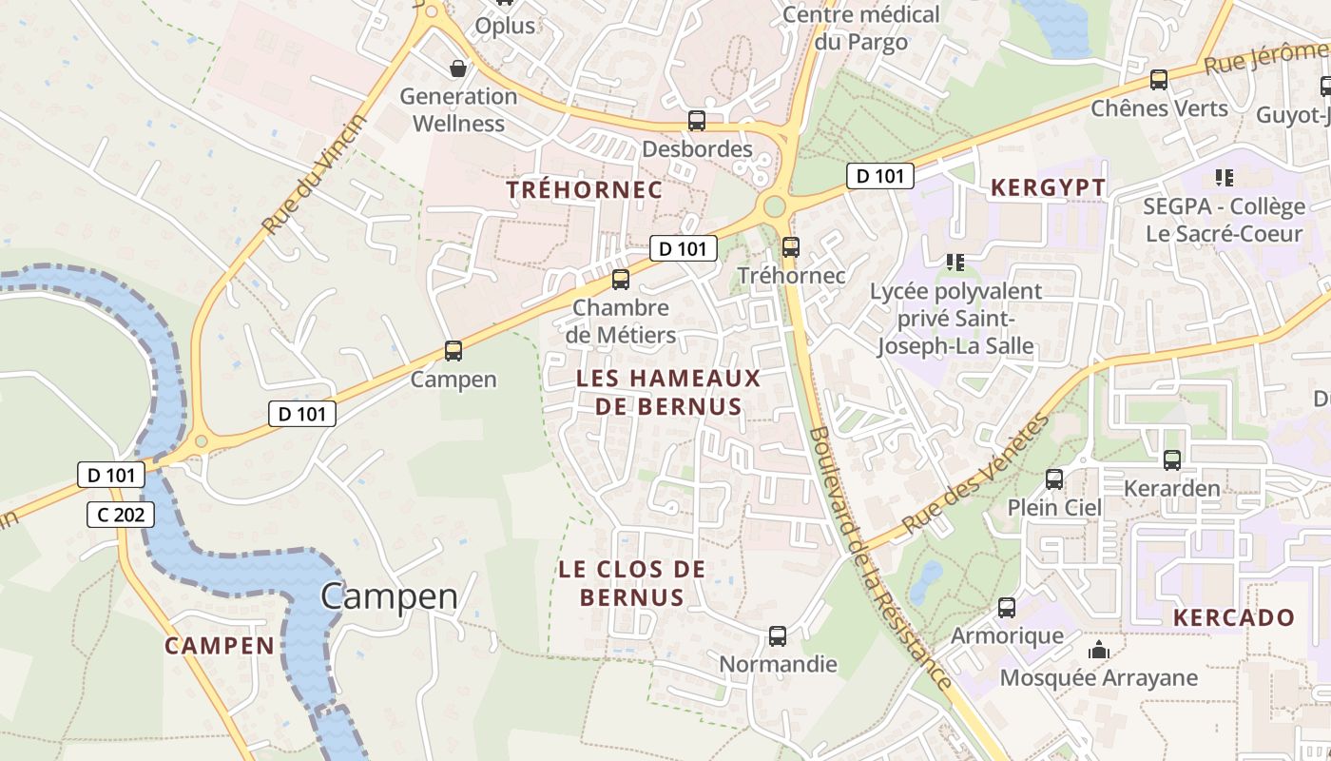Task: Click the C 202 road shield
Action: click(121, 515)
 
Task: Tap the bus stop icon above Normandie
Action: click(778, 636)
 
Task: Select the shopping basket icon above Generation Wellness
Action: click(458, 68)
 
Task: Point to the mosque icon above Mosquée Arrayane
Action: click(1099, 651)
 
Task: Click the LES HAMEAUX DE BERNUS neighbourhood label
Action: click(667, 392)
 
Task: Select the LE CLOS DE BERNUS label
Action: click(631, 583)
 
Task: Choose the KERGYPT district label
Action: click(1048, 187)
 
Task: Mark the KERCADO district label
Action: click(1233, 617)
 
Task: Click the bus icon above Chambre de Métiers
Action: click(621, 280)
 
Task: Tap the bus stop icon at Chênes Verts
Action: click(1158, 80)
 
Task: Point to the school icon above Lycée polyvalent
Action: click(955, 262)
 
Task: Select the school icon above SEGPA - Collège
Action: click(1224, 178)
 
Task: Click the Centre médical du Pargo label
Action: click(860, 29)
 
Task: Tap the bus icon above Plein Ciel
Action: click(1053, 479)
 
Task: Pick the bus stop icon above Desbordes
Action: click(697, 121)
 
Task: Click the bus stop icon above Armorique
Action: click(1007, 608)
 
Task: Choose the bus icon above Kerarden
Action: click(1171, 460)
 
